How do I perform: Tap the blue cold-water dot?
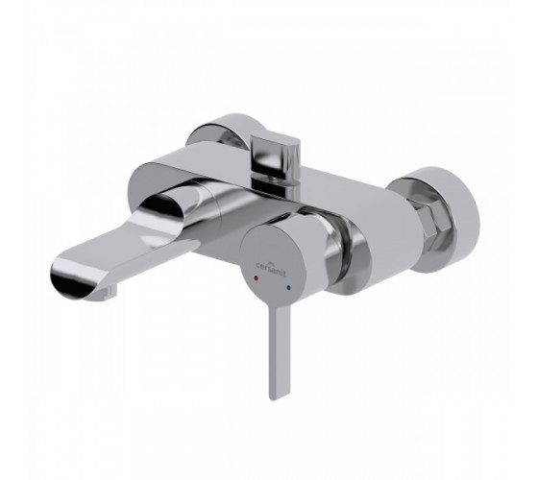coord(288,277)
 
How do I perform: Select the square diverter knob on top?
coord(275,154)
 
